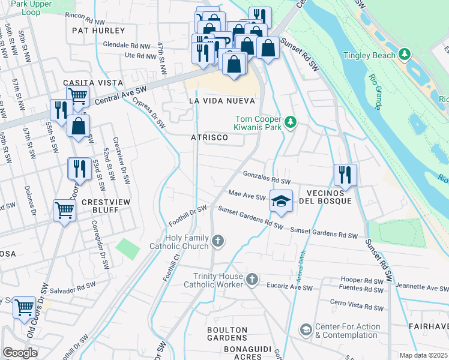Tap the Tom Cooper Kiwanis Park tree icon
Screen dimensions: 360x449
click(291, 122)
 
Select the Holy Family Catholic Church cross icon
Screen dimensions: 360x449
click(218, 242)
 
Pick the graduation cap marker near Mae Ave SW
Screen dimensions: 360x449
click(280, 201)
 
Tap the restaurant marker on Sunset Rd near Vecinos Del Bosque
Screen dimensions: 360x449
click(345, 175)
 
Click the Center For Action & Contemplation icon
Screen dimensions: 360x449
click(306, 330)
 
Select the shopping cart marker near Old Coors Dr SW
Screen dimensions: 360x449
click(24, 308)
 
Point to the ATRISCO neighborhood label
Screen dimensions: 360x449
click(209, 137)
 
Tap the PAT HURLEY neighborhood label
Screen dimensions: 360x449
click(98, 30)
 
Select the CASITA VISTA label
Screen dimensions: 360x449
click(94, 82)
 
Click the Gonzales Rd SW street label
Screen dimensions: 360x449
click(267, 176)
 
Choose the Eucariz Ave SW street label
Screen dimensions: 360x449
click(289, 288)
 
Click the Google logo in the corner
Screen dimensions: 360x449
click(20, 353)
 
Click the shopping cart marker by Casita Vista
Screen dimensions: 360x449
click(77, 95)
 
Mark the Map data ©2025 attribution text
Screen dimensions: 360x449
click(424, 355)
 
